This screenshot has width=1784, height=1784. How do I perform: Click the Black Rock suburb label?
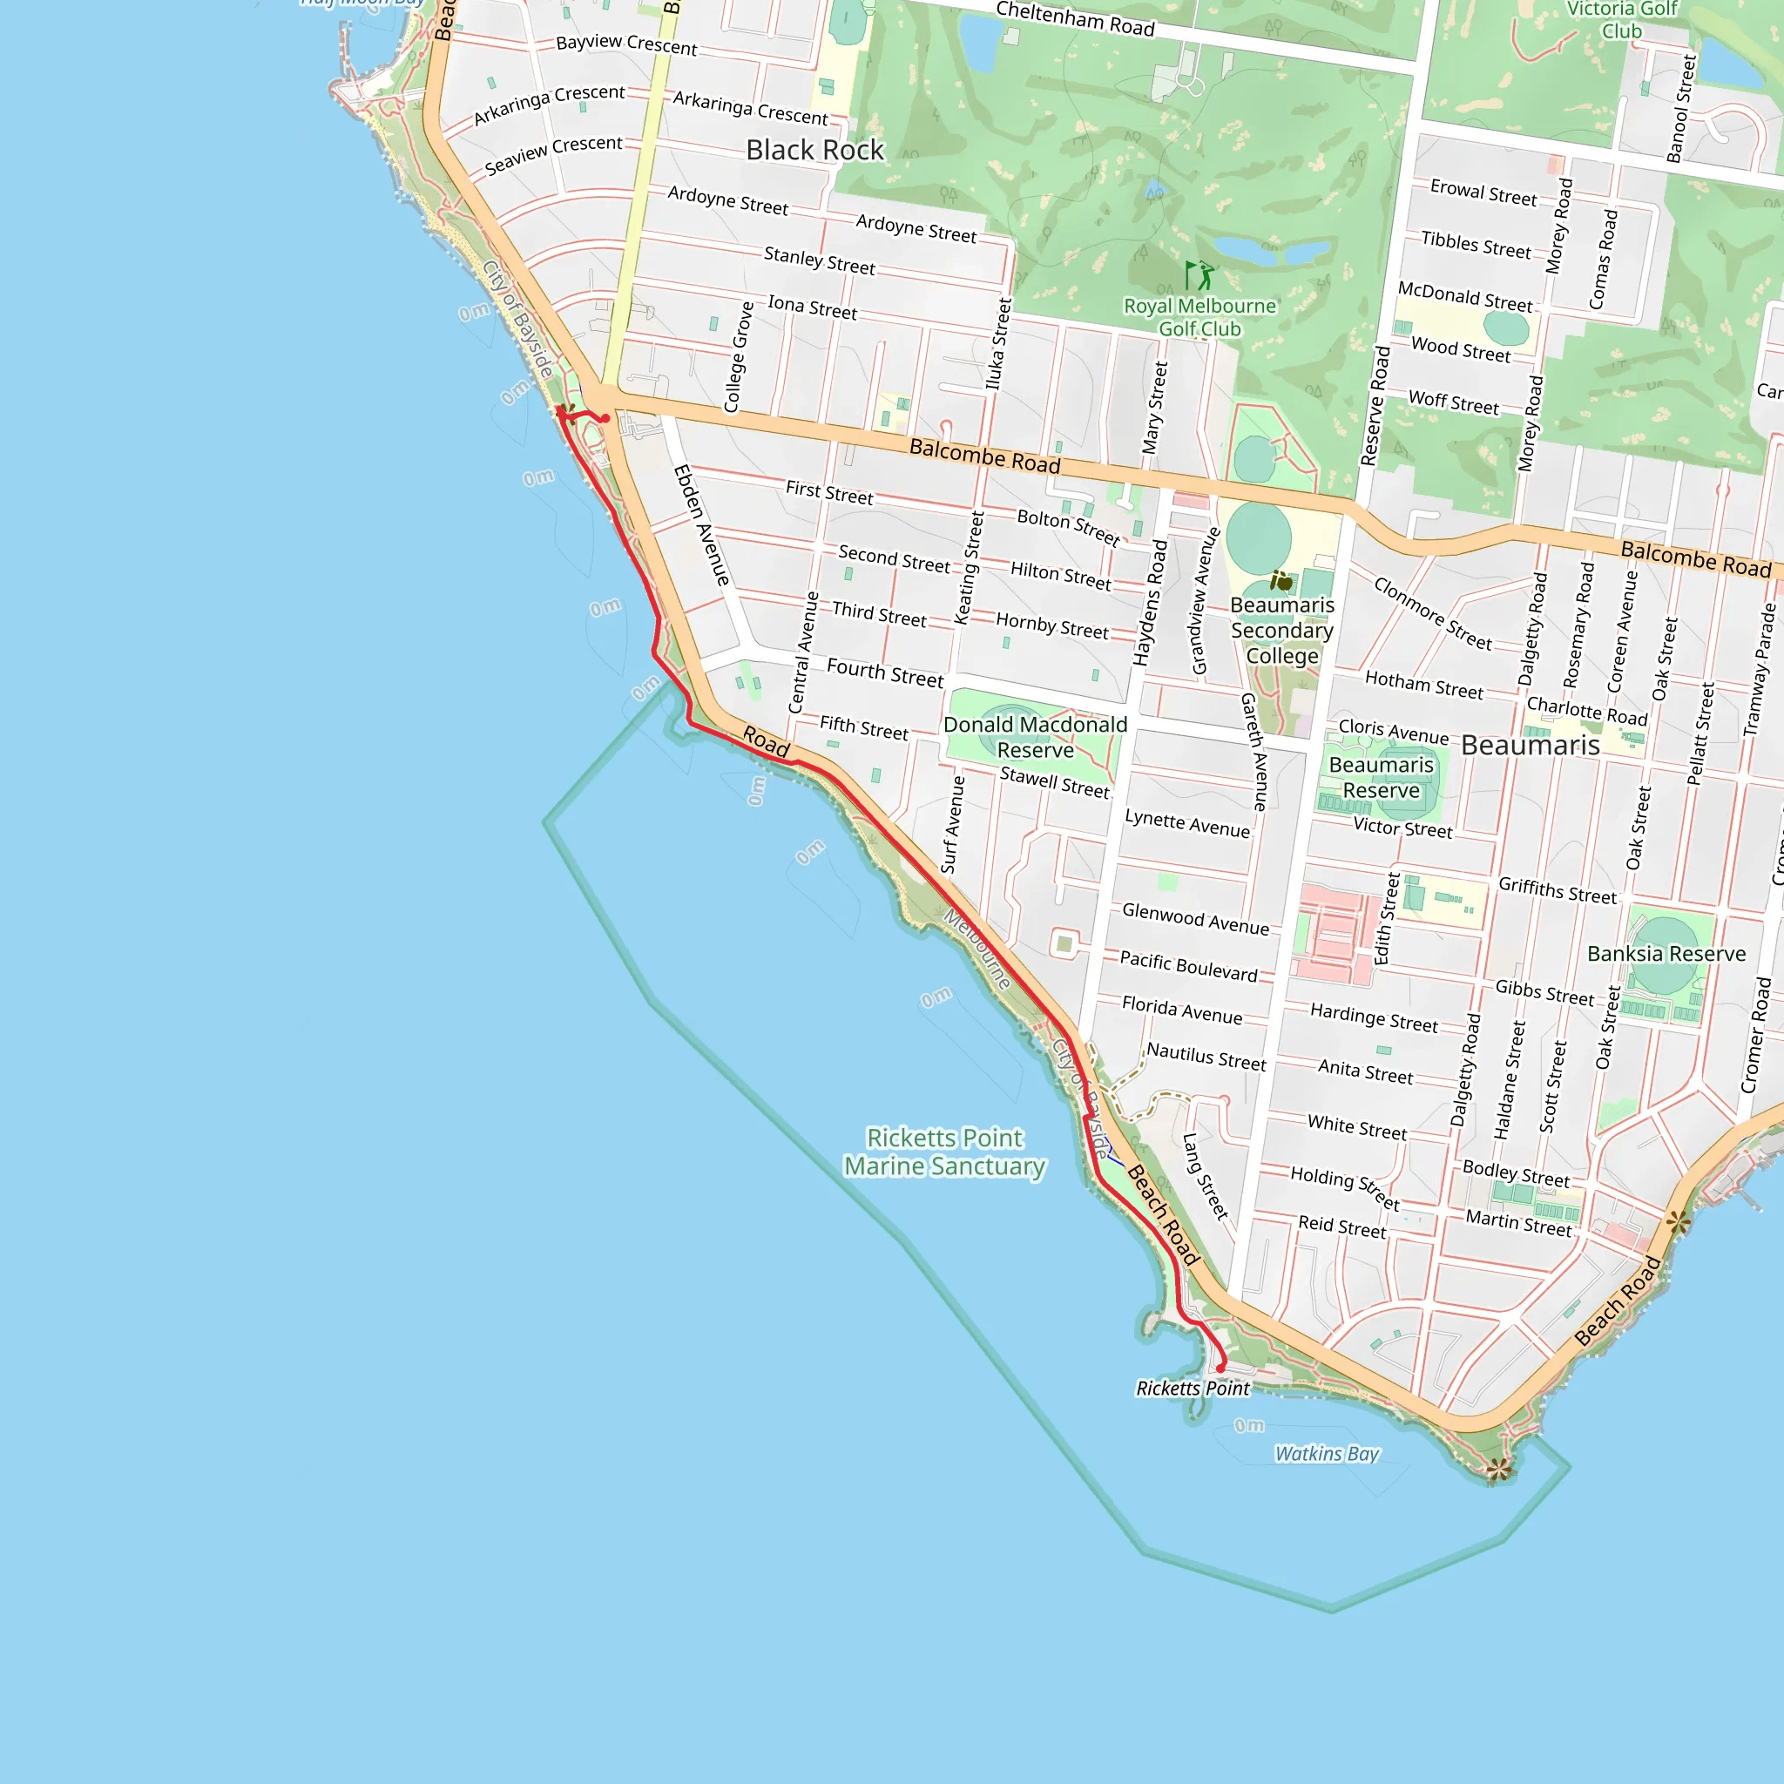click(x=814, y=150)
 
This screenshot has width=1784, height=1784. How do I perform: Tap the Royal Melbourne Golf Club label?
click(x=1199, y=317)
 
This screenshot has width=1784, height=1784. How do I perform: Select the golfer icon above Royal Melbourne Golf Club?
click(x=1199, y=274)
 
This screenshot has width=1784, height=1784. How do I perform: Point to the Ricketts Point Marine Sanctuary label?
click(x=944, y=1152)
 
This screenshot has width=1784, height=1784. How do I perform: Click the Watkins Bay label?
click(x=1326, y=1454)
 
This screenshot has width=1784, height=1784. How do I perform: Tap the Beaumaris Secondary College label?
click(x=1281, y=630)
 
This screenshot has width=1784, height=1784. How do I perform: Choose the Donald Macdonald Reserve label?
click(x=1035, y=737)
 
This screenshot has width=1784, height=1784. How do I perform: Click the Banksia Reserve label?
click(x=1666, y=953)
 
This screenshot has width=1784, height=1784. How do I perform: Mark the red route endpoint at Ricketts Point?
click(x=1220, y=1368)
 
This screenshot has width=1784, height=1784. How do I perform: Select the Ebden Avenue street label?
click(x=702, y=524)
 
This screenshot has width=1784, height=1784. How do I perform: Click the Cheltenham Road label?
click(x=1075, y=18)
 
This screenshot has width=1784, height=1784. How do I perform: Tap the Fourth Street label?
click(x=885, y=672)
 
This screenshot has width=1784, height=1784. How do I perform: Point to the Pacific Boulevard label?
click(x=1188, y=966)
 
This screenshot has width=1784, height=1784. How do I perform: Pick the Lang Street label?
click(x=1205, y=1175)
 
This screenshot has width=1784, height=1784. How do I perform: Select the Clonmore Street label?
click(x=1432, y=613)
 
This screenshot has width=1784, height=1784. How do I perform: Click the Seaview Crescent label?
click(x=553, y=155)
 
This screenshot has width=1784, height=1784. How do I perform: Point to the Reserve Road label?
click(x=1375, y=405)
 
